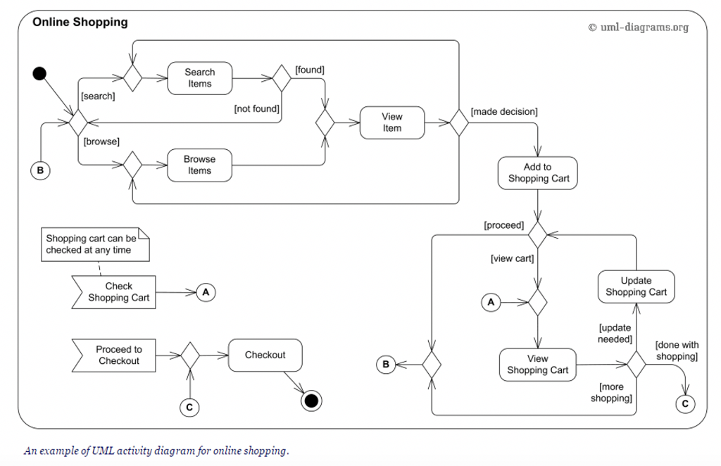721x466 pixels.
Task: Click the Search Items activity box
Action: (x=199, y=78)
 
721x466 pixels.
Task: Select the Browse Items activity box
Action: (x=199, y=165)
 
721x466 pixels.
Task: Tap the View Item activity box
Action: (x=392, y=122)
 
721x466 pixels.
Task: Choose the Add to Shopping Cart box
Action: (x=537, y=173)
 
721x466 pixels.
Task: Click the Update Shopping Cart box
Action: (x=636, y=286)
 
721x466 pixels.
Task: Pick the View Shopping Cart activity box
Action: (x=537, y=365)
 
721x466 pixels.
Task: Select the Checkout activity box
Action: (x=265, y=355)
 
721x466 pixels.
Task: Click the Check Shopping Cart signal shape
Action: (x=115, y=292)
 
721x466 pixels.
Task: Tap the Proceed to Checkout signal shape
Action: (x=115, y=355)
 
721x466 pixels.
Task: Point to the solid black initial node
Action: (x=39, y=73)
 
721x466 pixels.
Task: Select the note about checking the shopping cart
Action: (x=92, y=244)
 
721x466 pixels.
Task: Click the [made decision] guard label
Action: (x=504, y=111)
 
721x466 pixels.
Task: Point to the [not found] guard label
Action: (x=256, y=108)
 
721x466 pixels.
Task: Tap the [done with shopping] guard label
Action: (x=677, y=351)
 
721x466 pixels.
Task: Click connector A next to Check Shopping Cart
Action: (x=205, y=291)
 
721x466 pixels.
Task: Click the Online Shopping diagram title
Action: (x=80, y=22)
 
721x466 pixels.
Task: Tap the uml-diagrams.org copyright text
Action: (x=638, y=27)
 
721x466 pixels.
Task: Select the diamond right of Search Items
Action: (x=282, y=78)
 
